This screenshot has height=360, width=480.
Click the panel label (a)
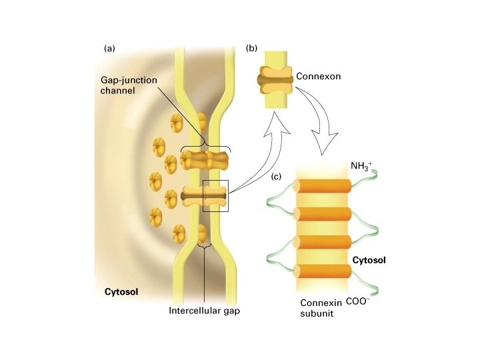pyautogui.click(x=110, y=48)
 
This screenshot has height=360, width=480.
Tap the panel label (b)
pyautogui.click(x=251, y=48)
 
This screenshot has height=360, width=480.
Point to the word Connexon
pyautogui.click(x=318, y=77)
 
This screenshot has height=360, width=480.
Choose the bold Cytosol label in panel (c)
pyautogui.click(x=369, y=260)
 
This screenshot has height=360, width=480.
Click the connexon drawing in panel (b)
pyautogui.click(x=275, y=80)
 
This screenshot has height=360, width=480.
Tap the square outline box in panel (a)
pyautogui.click(x=215, y=196)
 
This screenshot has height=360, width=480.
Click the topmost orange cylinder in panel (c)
pyautogui.click(x=323, y=187)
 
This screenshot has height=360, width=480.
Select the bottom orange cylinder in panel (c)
pyautogui.click(x=323, y=272)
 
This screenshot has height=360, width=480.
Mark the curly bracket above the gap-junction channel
pyautogui.click(x=207, y=147)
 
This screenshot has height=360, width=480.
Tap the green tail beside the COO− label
pyautogui.click(x=373, y=289)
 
